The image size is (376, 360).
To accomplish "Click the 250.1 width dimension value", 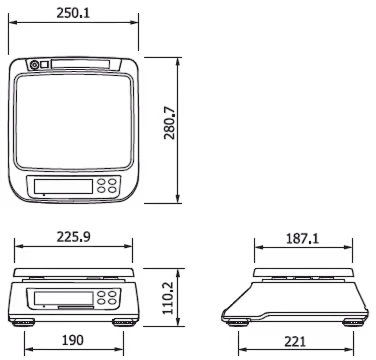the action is (73, 13).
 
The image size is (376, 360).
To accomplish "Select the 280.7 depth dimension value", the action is (169, 123).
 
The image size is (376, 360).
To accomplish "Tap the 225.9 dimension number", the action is (73, 237).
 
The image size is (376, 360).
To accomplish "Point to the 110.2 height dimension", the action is (168, 298).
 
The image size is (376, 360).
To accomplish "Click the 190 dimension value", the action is (73, 340).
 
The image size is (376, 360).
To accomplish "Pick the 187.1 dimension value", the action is (302, 238).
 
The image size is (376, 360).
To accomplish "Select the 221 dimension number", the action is (295, 342).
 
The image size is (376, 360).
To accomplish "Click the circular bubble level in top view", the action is (34, 65).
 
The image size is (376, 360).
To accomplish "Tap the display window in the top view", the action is (63, 186).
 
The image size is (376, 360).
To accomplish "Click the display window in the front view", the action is (63, 298).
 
